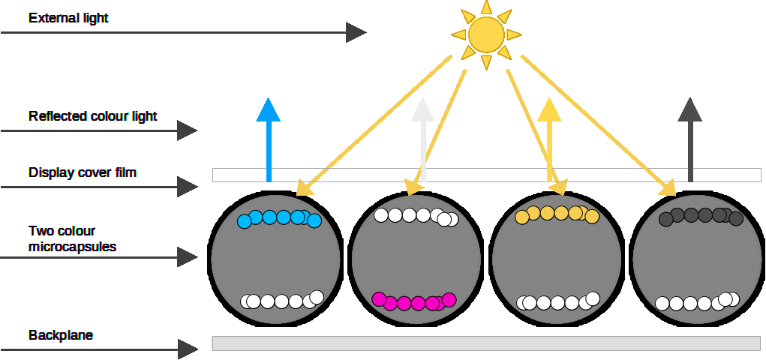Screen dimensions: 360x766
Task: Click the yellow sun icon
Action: (x=485, y=34)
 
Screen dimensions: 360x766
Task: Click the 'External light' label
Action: (x=68, y=17)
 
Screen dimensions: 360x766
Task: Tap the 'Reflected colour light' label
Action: (x=93, y=116)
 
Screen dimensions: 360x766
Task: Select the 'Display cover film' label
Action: (x=83, y=173)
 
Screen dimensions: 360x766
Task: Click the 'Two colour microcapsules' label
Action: (x=73, y=238)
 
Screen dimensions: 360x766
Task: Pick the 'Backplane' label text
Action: (x=61, y=335)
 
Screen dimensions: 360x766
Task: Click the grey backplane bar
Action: (x=486, y=343)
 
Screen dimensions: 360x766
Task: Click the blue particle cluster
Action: (x=279, y=218)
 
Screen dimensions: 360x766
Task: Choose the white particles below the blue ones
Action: (x=282, y=301)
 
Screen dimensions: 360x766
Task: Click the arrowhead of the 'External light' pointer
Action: (x=356, y=32)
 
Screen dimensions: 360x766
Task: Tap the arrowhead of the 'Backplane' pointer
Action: (x=188, y=349)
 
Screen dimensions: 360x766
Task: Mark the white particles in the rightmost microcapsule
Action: (x=693, y=302)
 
